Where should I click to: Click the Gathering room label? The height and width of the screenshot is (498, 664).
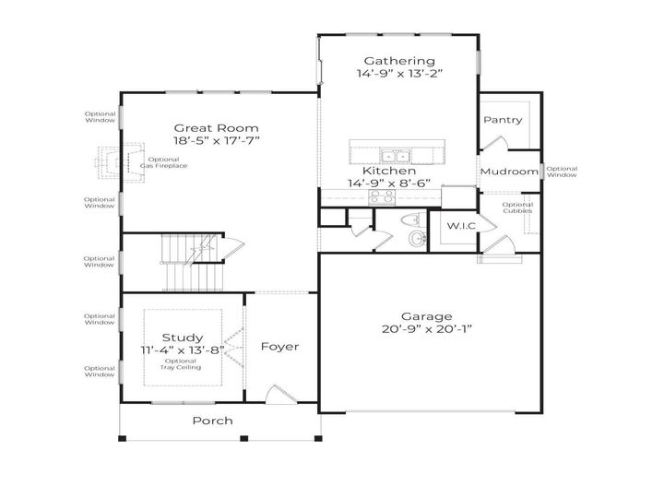(398, 61)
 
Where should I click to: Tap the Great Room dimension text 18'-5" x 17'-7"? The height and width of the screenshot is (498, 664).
(217, 141)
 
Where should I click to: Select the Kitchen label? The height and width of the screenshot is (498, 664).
(388, 171)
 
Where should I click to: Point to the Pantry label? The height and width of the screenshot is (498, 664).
(503, 120)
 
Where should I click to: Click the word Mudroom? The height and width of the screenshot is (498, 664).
(509, 172)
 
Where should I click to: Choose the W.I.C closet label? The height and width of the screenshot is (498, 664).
(461, 226)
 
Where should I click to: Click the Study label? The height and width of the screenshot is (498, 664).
(183, 338)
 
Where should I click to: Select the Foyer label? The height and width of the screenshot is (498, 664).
(279, 347)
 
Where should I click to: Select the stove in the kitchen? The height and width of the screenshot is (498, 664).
(379, 196)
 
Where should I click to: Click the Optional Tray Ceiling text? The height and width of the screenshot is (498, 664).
(181, 364)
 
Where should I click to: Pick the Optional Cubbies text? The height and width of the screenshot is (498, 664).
(517, 207)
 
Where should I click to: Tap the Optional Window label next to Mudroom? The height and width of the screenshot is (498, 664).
(561, 172)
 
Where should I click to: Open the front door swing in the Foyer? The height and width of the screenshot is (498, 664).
(275, 396)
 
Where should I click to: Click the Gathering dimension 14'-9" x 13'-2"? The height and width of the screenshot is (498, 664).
(398, 74)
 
